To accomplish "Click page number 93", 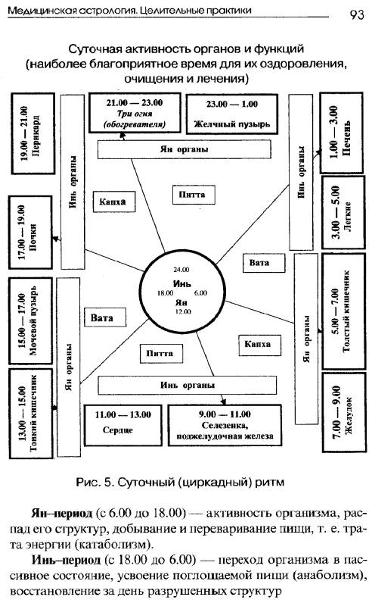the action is click(357, 14).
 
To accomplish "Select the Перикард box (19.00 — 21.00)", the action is click(33, 133).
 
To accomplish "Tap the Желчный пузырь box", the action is click(232, 114).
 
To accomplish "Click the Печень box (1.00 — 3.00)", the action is click(341, 133).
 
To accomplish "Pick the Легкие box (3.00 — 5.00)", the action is click(343, 213).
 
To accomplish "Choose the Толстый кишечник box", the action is click(343, 311).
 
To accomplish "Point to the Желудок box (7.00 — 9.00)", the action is click(344, 412).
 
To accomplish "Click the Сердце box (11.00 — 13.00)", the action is click(122, 425).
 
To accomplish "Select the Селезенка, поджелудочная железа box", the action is click(225, 425).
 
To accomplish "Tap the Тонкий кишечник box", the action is click(30, 414).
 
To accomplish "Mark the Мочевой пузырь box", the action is click(30, 320).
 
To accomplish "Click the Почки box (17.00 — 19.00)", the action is click(29, 233).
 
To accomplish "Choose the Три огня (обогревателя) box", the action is click(135, 113).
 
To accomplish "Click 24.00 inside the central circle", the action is click(181, 270).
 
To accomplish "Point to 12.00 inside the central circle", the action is click(183, 312).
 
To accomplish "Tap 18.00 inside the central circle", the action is click(166, 293).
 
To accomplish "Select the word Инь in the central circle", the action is click(182, 284).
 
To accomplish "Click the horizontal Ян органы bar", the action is click(184, 149).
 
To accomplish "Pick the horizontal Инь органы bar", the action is click(188, 386).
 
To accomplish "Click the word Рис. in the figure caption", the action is click(87, 482).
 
